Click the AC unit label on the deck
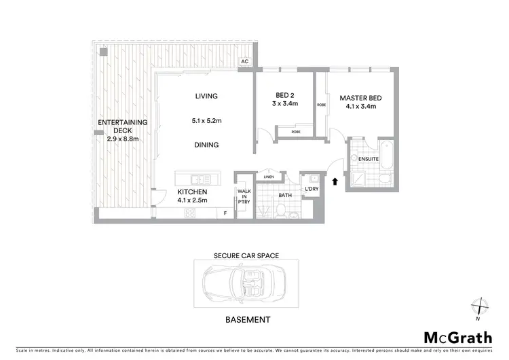pos(244,62)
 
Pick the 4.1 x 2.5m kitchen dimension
pos(192,200)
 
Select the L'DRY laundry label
pos(312,189)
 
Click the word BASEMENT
pos(248,319)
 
